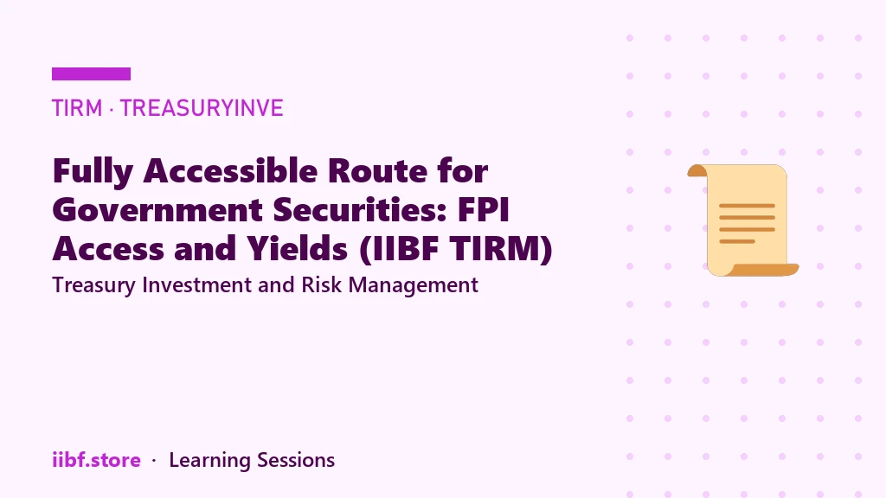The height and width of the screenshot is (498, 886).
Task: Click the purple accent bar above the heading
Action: pyautogui.click(x=91, y=74)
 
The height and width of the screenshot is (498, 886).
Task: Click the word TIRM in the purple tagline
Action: pyautogui.click(x=77, y=108)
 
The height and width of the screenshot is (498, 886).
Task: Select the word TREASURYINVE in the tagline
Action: pyautogui.click(x=202, y=108)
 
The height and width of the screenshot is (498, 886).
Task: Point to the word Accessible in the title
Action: pyautogui.click(x=230, y=170)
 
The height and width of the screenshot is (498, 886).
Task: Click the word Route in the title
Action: pyautogui.click(x=377, y=171)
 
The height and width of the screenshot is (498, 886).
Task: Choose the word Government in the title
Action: pyautogui.click(x=157, y=210)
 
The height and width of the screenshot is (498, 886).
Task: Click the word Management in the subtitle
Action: pyautogui.click(x=413, y=285)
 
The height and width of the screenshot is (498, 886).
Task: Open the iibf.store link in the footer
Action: pyautogui.click(x=96, y=460)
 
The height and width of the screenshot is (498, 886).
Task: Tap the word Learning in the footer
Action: pyautogui.click(x=209, y=461)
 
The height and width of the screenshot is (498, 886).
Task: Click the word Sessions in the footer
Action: pyautogui.click(x=296, y=460)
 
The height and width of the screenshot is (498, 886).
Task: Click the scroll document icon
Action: pyautogui.click(x=742, y=220)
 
